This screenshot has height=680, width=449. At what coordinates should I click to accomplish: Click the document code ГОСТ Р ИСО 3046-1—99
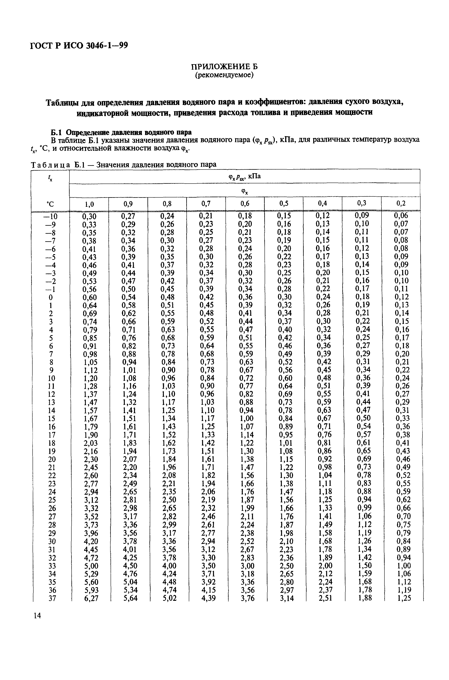[79, 45]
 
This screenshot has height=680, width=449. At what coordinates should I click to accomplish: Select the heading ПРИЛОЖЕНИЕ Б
[224, 67]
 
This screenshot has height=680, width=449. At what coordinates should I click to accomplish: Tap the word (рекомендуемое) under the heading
[224, 75]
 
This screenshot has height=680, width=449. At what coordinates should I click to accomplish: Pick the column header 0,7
[206, 204]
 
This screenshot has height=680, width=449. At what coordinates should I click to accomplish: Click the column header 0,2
[401, 204]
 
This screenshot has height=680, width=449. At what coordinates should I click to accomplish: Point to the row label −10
[50, 216]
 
